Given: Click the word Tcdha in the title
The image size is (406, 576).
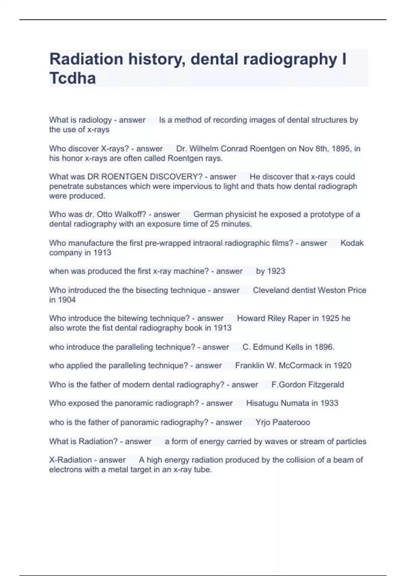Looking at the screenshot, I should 72,78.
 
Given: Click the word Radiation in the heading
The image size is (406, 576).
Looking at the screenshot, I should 86,59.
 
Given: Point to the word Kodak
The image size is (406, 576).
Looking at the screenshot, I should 352,243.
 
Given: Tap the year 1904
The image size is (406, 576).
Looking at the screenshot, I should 67,300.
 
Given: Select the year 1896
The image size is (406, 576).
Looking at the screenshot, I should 324,347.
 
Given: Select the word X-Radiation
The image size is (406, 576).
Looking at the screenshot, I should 70,460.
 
